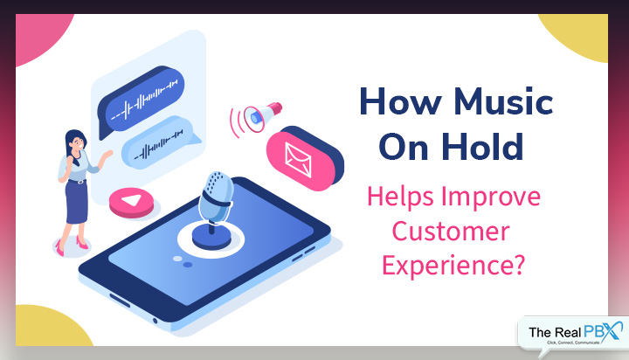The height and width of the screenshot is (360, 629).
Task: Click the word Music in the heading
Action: [x=503, y=101]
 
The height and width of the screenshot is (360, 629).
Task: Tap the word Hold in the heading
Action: [x=482, y=147]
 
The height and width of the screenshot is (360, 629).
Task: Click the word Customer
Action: [x=451, y=232]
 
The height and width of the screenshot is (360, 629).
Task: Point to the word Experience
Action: [x=448, y=266]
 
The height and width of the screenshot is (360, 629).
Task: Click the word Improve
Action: [x=491, y=197]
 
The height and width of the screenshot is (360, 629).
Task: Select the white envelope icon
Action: [x=298, y=160]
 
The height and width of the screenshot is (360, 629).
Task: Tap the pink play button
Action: [x=132, y=202]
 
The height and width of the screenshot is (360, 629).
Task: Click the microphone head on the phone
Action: [x=216, y=197]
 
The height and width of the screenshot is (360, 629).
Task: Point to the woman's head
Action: [x=75, y=142]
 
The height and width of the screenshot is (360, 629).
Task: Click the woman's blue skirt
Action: [x=77, y=202]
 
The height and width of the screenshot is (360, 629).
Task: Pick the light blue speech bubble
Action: [x=158, y=143]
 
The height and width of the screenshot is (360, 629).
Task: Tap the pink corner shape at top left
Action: [x=39, y=35]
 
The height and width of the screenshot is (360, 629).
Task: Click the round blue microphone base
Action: [x=211, y=238]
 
